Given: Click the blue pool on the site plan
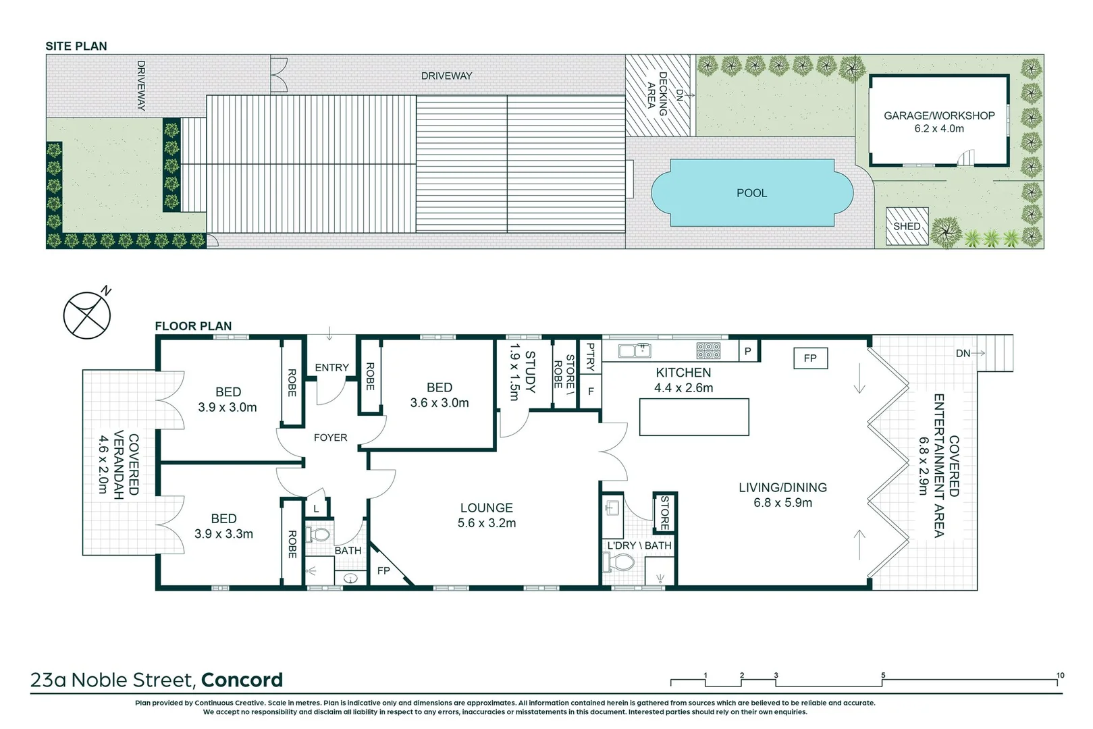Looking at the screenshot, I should pos(751,193).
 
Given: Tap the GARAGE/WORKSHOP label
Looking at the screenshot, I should pos(938,116).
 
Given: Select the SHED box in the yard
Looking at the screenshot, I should pos(907,226).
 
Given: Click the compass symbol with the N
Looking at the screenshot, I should pos(87,315).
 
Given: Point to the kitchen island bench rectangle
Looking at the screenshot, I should pos(694,417).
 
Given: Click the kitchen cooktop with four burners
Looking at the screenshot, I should pos(708,350).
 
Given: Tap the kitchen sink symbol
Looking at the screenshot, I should pos(635,350).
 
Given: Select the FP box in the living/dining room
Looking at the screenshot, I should pos(810,358).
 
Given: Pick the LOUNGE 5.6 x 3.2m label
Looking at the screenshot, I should pos(486,515).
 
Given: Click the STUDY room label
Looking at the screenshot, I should pos(529,372).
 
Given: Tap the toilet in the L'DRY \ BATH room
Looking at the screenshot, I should pos(619,562).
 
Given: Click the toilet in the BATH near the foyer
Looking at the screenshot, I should pos(318,535).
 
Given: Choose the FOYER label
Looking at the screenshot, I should pos(330,437).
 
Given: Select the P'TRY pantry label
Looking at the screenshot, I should pos(591,357).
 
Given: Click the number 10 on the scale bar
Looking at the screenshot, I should pos(1060,675).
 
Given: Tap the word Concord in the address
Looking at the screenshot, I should pos(242,680).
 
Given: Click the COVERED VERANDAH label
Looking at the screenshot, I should pos(126,466).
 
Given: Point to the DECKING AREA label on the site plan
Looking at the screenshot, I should pos(657,94).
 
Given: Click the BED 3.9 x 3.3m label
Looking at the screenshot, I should pos(223,526).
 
